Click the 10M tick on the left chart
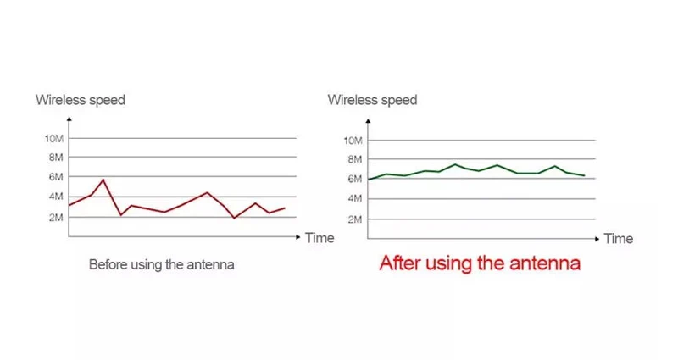[x=53, y=138]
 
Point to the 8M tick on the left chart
[x=56, y=158]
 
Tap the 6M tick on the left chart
[x=56, y=177]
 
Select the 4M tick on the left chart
[x=56, y=197]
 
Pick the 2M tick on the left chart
[x=56, y=217]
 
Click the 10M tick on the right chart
[x=353, y=140]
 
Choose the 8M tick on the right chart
[x=355, y=159]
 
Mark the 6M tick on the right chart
[x=355, y=179]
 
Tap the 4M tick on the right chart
[x=355, y=198]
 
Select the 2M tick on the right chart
[x=355, y=219]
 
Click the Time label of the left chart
[x=320, y=238]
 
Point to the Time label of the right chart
[x=618, y=239]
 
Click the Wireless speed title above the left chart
[x=80, y=100]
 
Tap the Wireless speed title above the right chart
[x=372, y=100]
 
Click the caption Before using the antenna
[x=161, y=264]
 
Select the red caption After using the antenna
[x=479, y=263]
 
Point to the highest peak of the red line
[x=103, y=180]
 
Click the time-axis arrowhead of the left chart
[x=297, y=237]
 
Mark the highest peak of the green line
[x=455, y=164]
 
